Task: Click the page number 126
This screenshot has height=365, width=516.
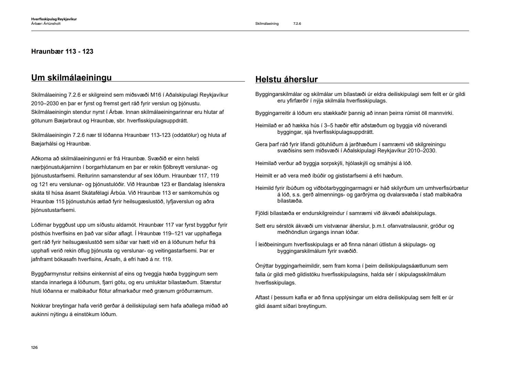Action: point(34,347)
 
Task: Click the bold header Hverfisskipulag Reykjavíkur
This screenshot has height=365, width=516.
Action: point(54,19)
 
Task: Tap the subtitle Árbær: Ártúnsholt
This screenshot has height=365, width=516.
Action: point(46,24)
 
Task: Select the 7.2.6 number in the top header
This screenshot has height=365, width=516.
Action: point(297,24)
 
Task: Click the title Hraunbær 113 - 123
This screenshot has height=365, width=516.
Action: point(62,52)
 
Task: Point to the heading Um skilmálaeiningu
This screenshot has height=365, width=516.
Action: point(72,77)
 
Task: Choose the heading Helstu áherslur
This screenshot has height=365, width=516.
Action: point(287,79)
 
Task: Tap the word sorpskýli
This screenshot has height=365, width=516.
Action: point(329,163)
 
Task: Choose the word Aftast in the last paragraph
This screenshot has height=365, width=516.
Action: point(263,298)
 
